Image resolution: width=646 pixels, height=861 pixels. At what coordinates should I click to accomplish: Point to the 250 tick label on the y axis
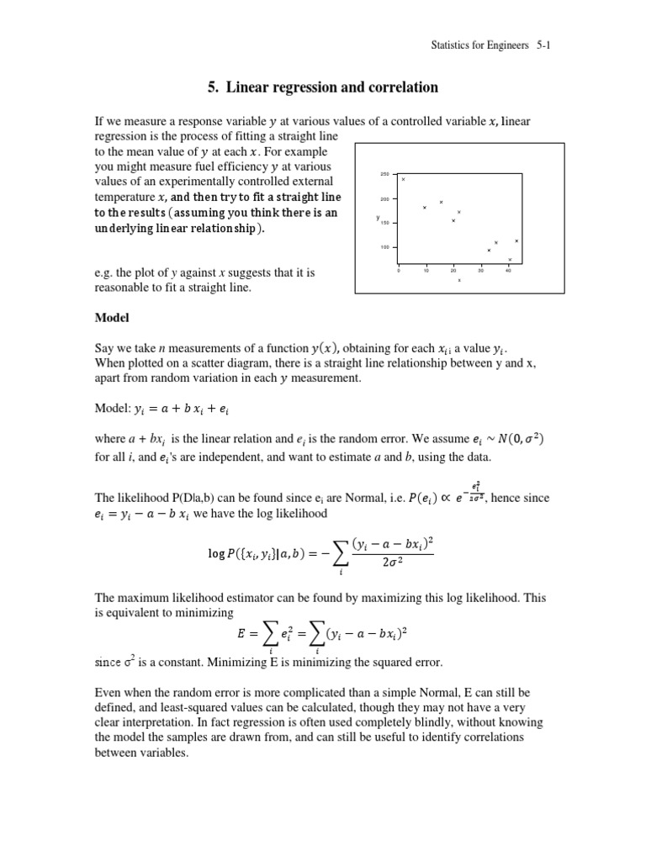[384, 174]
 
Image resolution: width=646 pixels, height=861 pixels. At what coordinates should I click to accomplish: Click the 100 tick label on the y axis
[384, 247]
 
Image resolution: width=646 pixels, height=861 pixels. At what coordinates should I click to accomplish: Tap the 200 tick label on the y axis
[384, 199]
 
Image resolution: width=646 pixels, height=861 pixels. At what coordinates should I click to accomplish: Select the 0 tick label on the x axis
[398, 271]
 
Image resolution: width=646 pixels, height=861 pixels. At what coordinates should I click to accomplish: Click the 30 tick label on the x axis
[481, 271]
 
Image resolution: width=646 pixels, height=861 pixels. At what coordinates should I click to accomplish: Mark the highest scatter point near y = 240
[404, 179]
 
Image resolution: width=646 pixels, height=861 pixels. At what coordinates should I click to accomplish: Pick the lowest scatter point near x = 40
[510, 259]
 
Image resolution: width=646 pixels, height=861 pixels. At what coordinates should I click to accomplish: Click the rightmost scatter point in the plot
[516, 241]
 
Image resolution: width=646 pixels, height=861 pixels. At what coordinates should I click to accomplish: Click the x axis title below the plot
[459, 280]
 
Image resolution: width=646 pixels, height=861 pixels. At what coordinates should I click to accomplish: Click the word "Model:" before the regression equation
[113, 407]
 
